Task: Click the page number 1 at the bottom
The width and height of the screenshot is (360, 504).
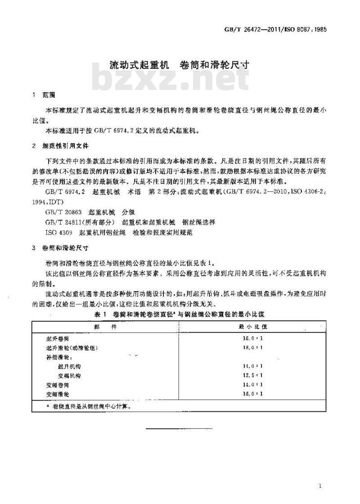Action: [319, 486]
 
